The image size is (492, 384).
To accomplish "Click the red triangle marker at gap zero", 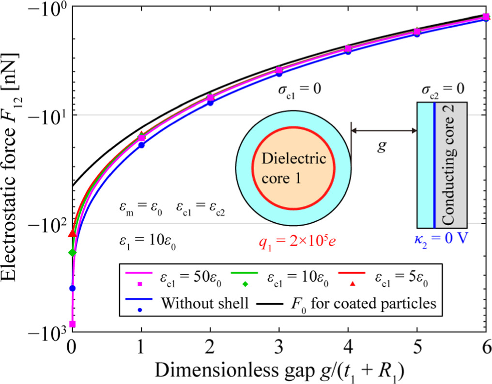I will click(x=73, y=233).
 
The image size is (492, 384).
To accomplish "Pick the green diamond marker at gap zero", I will click(x=73, y=252).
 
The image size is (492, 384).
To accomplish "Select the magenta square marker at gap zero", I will click(x=73, y=324).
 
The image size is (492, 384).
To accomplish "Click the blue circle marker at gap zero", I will click(x=73, y=288).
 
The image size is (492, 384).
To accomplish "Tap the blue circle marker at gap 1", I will click(x=141, y=145).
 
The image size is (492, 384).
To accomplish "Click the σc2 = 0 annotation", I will click(x=441, y=90).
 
